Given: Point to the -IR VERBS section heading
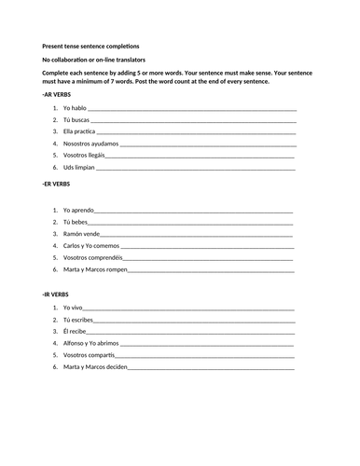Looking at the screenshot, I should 55,295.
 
